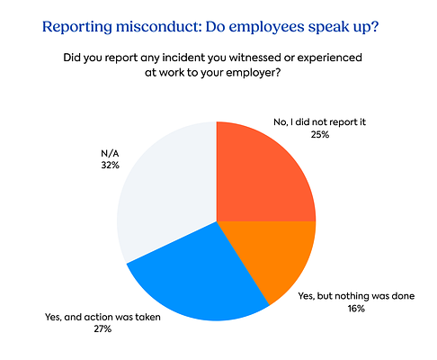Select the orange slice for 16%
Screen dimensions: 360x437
(x=270, y=256)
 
